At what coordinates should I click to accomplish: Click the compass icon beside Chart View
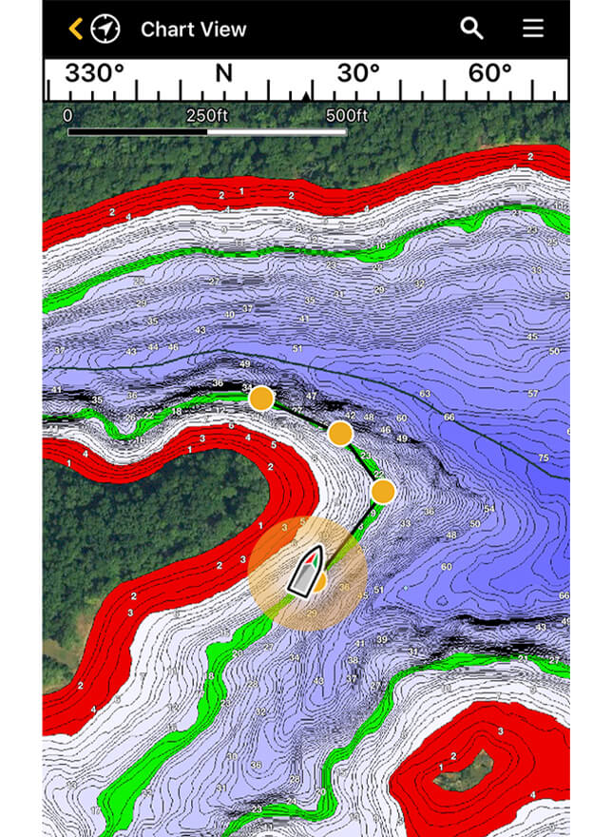105,29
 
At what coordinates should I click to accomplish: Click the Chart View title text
193,29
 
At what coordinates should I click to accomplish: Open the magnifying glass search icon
472,29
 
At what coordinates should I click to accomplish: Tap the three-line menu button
533,29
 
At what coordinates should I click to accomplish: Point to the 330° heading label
94,74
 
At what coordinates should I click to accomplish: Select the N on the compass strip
223,74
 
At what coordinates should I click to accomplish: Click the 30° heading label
358,74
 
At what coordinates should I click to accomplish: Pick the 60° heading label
490,74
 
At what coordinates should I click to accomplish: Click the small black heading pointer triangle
306,96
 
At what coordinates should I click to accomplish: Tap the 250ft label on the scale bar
206,116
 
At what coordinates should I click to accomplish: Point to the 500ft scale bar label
346,116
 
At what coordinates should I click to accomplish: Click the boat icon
306,571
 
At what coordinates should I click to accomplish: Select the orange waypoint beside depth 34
261,399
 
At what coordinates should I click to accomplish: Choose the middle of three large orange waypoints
340,434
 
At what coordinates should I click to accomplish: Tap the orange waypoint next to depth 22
383,492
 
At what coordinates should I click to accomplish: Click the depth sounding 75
544,457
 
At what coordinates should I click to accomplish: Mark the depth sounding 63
425,394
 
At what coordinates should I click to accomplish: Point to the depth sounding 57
533,394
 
